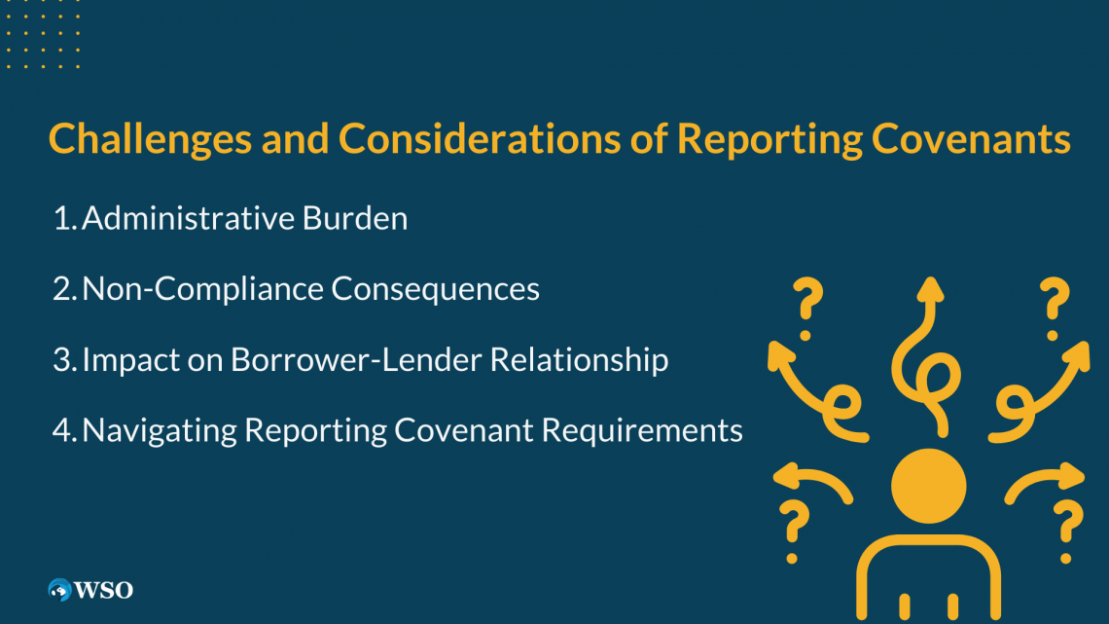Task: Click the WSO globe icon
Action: pyautogui.click(x=60, y=589)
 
